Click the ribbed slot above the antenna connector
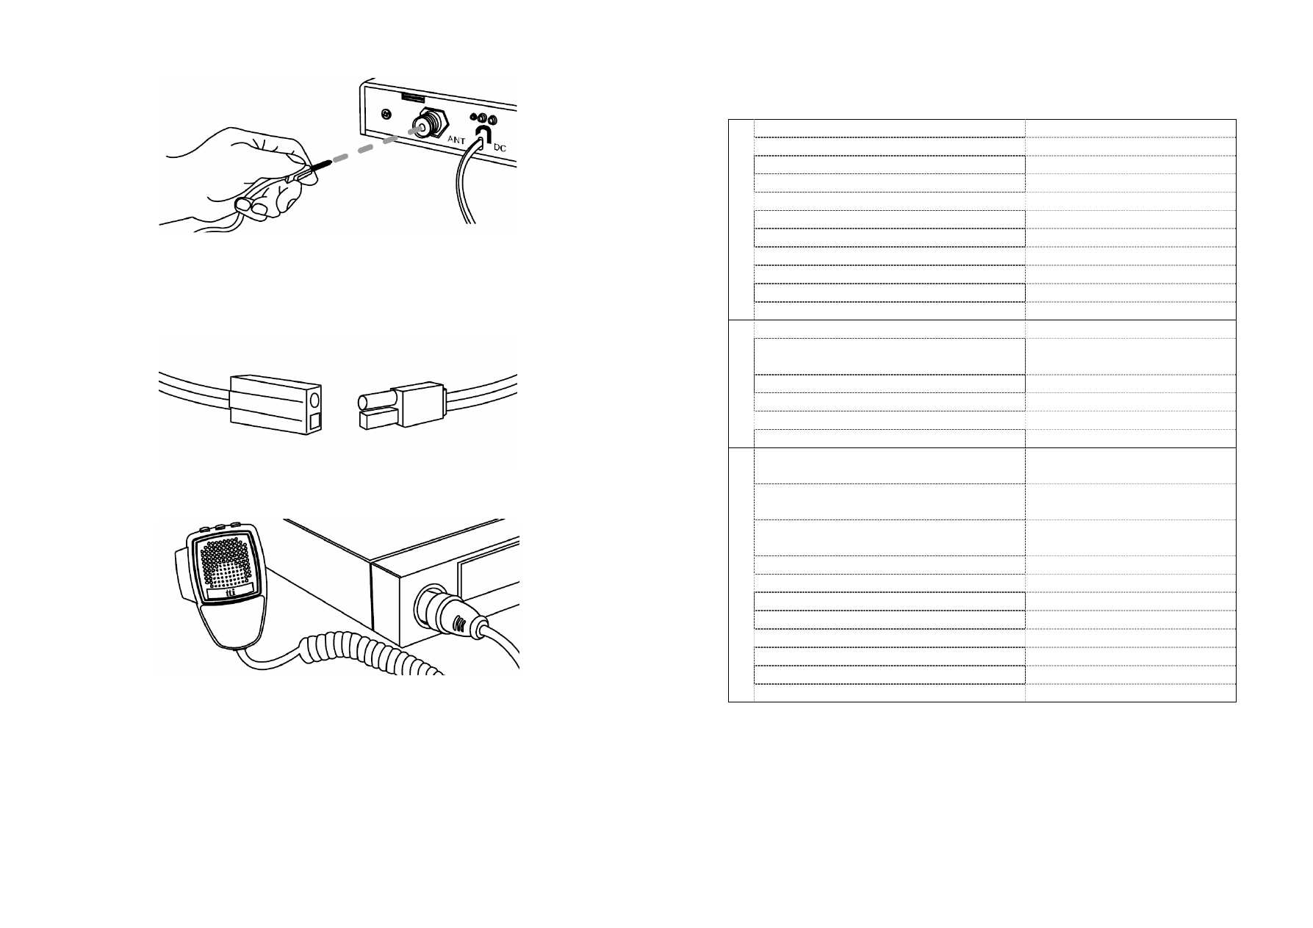click(x=413, y=97)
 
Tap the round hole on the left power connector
click(x=314, y=400)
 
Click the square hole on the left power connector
click(x=314, y=421)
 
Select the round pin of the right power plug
click(x=375, y=401)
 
